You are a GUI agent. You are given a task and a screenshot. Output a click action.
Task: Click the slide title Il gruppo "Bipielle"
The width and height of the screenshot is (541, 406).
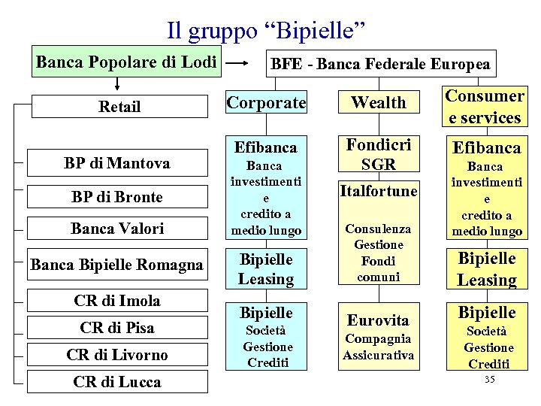pos(266,31)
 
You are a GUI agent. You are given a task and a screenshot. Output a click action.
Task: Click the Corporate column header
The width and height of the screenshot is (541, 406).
pos(266,103)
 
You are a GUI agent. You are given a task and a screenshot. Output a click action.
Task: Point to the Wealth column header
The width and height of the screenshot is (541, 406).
pos(378,103)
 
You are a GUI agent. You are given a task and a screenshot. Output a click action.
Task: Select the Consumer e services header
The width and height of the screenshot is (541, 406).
pos(484,107)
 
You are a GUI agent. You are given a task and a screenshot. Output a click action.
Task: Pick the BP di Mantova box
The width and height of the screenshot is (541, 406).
pos(116,163)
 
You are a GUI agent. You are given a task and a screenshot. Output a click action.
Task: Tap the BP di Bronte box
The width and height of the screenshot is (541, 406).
pos(116,197)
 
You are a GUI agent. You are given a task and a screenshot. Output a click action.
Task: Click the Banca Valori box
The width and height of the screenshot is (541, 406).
pos(116,228)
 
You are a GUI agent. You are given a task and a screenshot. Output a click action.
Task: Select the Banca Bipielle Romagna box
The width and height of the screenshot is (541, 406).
pos(116,265)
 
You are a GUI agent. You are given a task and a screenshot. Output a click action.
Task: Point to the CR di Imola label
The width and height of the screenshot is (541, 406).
pos(116,301)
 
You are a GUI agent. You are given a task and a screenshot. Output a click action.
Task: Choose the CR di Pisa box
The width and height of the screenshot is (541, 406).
pos(116,328)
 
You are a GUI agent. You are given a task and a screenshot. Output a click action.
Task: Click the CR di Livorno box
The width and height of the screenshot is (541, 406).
pos(116,354)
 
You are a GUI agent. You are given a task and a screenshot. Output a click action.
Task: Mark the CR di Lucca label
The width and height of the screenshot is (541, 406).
pos(116,382)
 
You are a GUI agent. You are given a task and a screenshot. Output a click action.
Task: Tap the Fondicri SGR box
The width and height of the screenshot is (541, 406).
pos(379,155)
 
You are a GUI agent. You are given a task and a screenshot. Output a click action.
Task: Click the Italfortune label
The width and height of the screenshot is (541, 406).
pos(379,192)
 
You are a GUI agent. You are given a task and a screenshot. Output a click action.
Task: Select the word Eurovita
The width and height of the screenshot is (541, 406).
pos(379,320)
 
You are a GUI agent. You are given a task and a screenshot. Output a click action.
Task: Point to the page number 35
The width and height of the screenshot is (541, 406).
pos(489,380)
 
